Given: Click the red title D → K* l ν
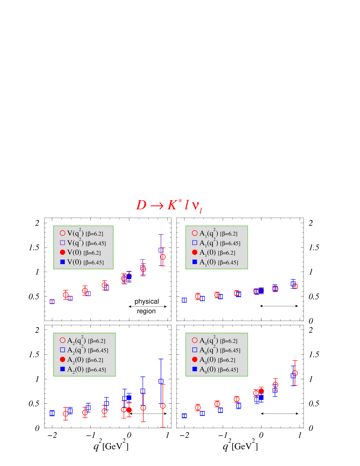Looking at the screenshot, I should tap(169, 205).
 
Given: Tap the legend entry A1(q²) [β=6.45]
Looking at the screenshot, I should tap(216, 243).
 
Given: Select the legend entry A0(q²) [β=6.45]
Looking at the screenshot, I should tap(216, 350).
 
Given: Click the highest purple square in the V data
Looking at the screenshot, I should tap(161, 250).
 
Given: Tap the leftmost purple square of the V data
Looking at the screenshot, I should tap(52, 302).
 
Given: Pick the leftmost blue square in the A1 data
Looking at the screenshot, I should tap(184, 300).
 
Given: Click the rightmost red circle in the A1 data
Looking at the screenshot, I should tap(295, 286).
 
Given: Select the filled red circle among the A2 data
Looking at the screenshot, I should tap(129, 410).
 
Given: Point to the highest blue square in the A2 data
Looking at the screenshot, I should tap(161, 381).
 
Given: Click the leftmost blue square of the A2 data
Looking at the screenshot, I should tap(52, 413).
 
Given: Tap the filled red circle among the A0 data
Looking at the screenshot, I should tap(261, 391).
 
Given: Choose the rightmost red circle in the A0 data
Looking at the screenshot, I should tap(295, 373).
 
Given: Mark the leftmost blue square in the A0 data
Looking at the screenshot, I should tap(184, 416).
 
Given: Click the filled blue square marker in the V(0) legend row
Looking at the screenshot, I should tap(62, 262).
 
